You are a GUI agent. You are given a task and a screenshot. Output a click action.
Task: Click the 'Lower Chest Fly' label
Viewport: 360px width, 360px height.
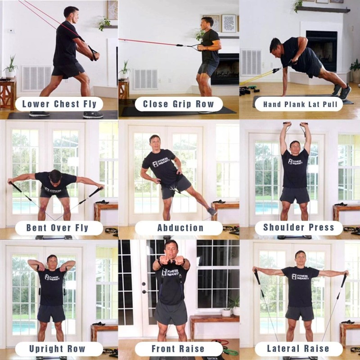point(59,104)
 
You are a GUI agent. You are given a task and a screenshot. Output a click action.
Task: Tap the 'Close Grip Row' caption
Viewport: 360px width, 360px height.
point(179,104)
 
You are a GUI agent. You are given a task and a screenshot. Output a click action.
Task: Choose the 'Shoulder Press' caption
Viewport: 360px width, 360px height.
point(299,228)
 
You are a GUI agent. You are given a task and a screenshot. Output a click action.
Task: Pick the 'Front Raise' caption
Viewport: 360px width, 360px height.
point(179,349)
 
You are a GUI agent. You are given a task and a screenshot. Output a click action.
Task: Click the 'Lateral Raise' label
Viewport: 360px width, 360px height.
point(299,349)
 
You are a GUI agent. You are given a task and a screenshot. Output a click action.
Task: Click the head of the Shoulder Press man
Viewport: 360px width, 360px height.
point(295,147)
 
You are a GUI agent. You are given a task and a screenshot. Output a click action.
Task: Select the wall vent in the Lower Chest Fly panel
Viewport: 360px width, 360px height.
point(36,78)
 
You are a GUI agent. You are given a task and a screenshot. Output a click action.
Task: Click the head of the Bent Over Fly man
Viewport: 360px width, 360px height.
point(55,176)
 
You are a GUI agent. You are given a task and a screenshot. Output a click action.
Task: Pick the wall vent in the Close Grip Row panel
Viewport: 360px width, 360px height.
point(145,79)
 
